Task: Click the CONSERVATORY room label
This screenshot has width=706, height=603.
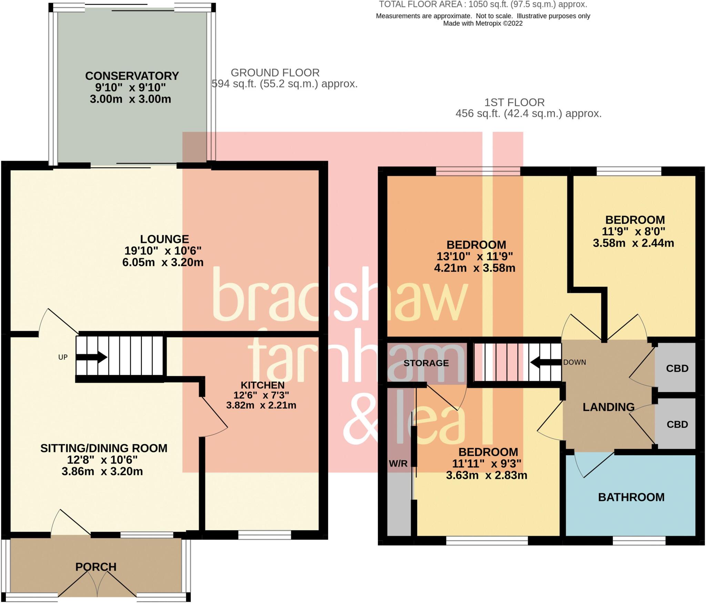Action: pos(132,76)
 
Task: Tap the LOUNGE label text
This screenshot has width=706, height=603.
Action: pos(164,239)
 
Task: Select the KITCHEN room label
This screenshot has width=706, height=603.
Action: pos(262,385)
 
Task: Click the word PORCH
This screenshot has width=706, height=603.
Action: pos(96,567)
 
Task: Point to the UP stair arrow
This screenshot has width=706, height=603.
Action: pos(91,357)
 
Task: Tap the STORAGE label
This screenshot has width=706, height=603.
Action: pos(426,363)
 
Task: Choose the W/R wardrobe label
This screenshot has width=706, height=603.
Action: pos(398,464)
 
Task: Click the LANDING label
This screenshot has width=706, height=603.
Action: pos(608,407)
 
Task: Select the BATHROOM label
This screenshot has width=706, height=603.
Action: pos(631,497)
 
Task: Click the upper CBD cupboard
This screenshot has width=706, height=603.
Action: pos(677,369)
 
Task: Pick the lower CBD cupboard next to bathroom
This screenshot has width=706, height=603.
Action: pos(677,425)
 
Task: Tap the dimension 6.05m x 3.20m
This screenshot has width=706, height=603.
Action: pos(163,263)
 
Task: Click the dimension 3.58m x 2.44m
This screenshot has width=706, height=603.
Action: pos(633,243)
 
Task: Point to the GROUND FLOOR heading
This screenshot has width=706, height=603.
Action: pos(275,73)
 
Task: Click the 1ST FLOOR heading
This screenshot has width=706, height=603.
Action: pos(514,102)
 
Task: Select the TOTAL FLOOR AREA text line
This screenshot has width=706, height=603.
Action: pos(483,4)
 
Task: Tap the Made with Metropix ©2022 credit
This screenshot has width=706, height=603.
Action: pos(483,23)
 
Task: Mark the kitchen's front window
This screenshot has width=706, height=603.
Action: pos(264,535)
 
